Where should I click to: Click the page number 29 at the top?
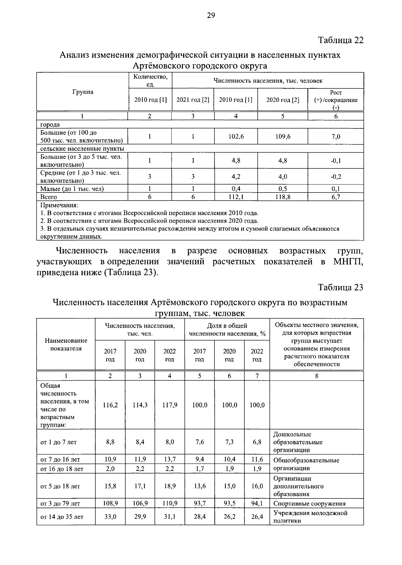click(x=211, y=15)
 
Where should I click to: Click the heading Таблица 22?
click(x=340, y=40)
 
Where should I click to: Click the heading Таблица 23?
click(x=340, y=288)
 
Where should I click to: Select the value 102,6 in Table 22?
click(x=236, y=137)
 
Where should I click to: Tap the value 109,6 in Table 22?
click(x=283, y=137)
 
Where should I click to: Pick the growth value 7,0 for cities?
click(x=336, y=137)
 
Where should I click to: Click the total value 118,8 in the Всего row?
click(x=283, y=197)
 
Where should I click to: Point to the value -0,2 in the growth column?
click(x=336, y=177)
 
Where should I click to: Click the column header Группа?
click(x=83, y=92)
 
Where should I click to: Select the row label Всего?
click(x=49, y=197)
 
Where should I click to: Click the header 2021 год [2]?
click(x=193, y=100)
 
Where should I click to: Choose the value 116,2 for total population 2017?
click(x=110, y=405)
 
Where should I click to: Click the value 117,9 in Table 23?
click(x=170, y=405)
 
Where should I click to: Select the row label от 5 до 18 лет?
click(x=60, y=486)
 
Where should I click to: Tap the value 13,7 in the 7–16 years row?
click(x=170, y=460)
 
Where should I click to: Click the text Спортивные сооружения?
click(x=310, y=503)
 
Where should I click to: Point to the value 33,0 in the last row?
click(x=110, y=517)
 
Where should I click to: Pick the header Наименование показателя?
click(x=66, y=344)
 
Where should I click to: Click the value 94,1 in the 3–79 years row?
click(x=257, y=503)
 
